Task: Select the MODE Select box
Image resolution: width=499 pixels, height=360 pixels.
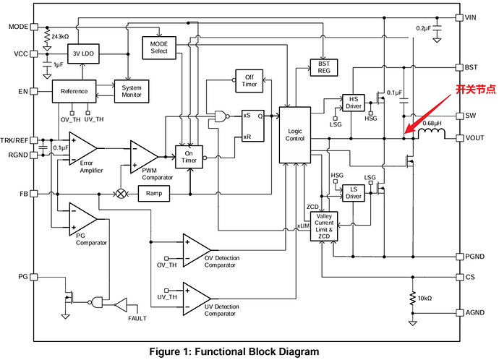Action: tap(158, 48)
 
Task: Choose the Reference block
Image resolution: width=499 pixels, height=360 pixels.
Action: tap(74, 91)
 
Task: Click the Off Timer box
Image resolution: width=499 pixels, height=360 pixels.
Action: tap(249, 80)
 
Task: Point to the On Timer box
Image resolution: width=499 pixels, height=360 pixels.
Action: tap(189, 157)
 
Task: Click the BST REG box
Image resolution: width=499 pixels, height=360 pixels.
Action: tap(323, 68)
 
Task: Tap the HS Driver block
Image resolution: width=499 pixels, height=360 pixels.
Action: tap(353, 103)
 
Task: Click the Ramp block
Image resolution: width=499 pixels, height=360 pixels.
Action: tap(153, 194)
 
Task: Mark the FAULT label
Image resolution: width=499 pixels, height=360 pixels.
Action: tap(137, 318)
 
